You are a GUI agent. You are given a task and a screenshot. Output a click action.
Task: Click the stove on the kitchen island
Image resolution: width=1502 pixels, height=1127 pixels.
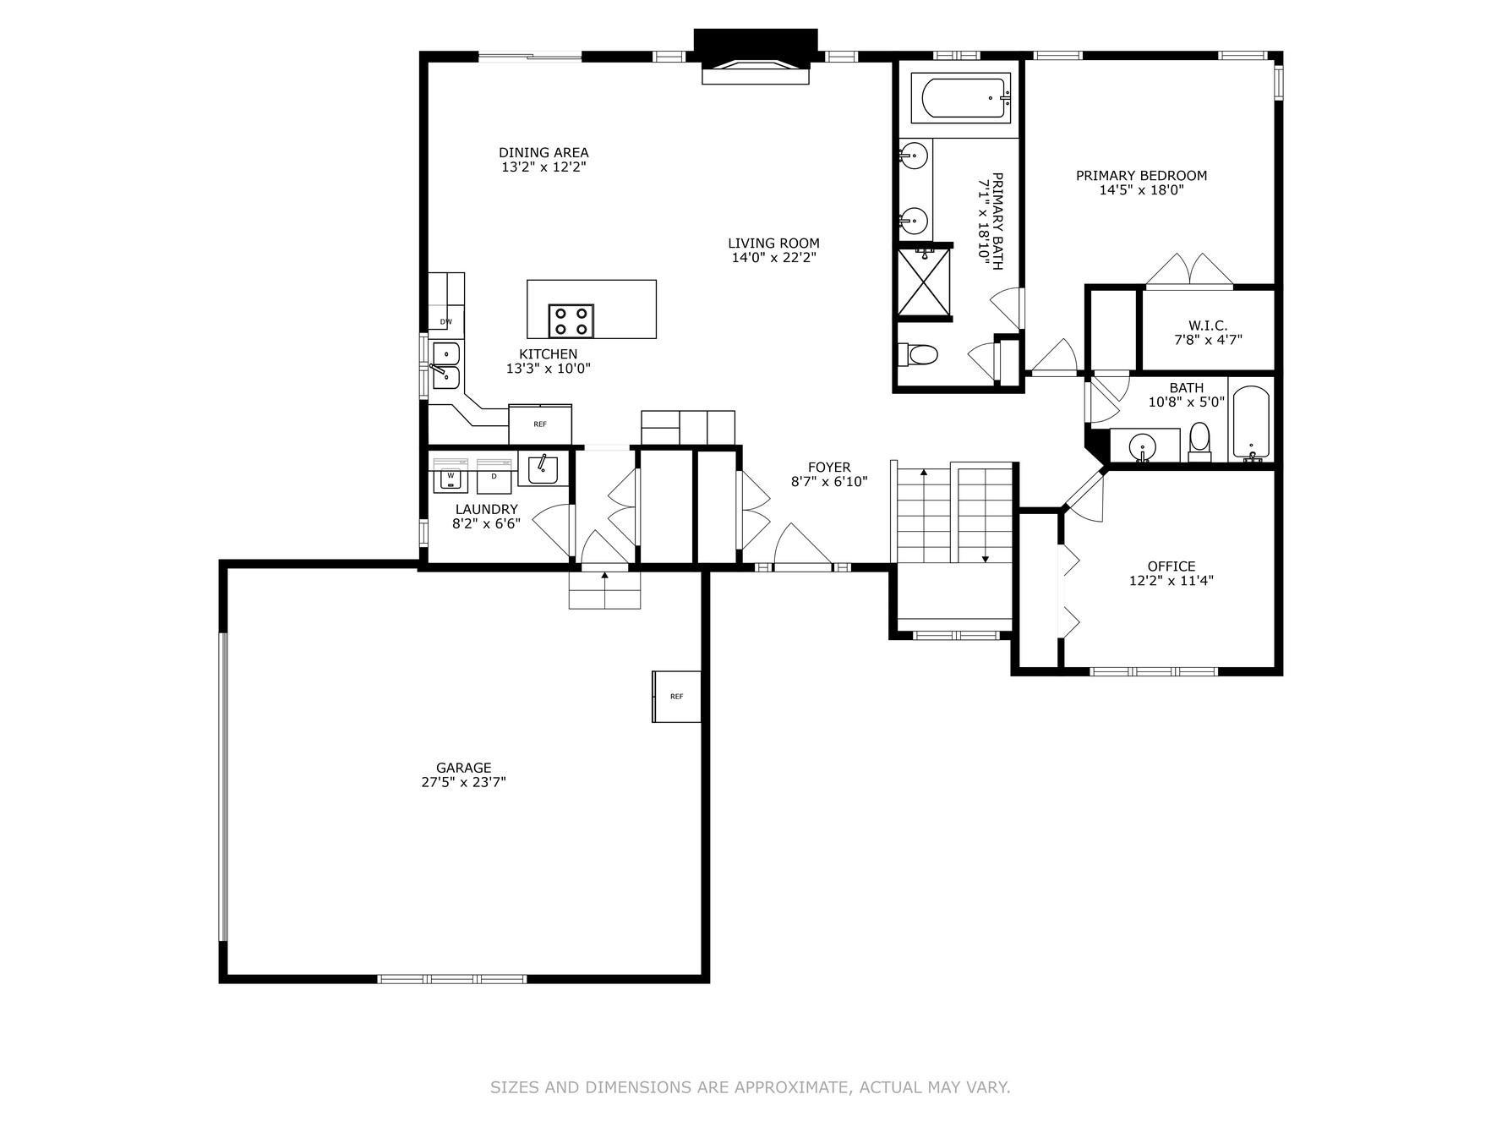tap(571, 321)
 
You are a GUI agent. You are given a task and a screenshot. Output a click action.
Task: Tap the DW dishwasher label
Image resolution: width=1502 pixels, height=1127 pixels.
tap(445, 321)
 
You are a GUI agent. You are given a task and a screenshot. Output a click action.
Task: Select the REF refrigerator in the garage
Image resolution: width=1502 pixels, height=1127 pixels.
tap(676, 697)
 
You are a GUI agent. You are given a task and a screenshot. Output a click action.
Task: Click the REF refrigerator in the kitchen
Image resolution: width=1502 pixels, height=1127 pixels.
tap(540, 424)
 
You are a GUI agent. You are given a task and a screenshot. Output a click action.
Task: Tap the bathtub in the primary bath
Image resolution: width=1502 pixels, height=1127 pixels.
tap(961, 98)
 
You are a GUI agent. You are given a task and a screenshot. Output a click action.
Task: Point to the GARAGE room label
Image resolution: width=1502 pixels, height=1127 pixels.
tap(463, 768)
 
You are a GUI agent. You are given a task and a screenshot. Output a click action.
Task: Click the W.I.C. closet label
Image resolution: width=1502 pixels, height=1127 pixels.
tap(1207, 326)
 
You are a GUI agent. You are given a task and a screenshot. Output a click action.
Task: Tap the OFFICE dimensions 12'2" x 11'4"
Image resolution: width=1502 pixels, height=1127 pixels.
tap(1172, 581)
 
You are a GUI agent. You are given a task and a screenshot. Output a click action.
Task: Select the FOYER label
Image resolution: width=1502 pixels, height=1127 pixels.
tap(829, 467)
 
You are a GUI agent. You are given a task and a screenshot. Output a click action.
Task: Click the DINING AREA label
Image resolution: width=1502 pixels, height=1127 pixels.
tap(543, 153)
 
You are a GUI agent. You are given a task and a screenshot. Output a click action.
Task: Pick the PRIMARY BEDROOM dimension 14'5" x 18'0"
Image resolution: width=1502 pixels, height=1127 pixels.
tap(1141, 190)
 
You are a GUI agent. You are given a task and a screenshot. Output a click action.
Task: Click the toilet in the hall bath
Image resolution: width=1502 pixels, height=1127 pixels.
tap(1199, 441)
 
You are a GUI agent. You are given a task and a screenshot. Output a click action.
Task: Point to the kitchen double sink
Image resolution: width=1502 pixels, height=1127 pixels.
tap(445, 365)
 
